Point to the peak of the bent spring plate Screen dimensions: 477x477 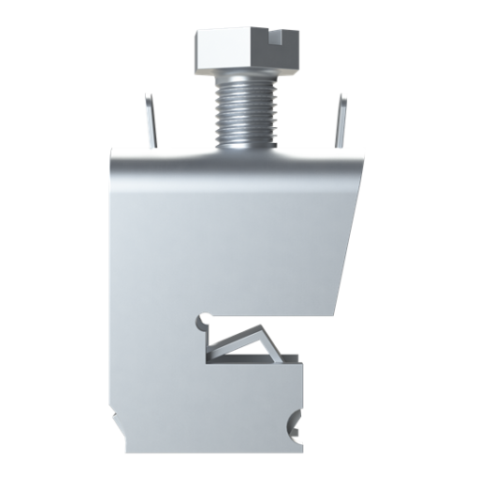tap(261, 330)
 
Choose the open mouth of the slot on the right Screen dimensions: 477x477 tap(313, 339)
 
